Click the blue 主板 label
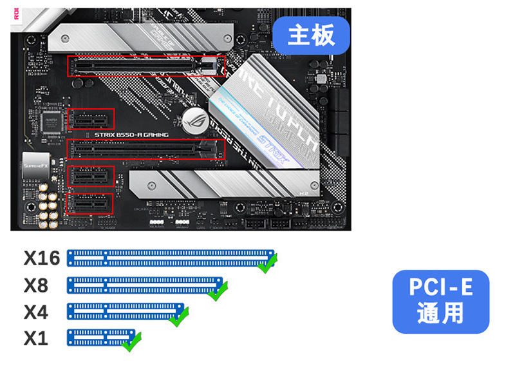click(x=311, y=35)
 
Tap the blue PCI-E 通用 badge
click(x=441, y=302)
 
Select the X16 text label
click(x=42, y=258)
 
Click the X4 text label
click(x=36, y=312)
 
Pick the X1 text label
click(x=36, y=338)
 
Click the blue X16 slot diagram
click(x=169, y=258)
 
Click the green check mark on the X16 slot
click(x=267, y=263)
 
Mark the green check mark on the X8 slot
click(x=219, y=291)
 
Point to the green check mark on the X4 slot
click(x=178, y=316)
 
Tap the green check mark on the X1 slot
click(x=132, y=341)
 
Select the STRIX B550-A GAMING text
click(x=131, y=135)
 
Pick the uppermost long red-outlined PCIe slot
click(x=146, y=65)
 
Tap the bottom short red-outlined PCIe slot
click(x=90, y=204)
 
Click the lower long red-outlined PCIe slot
click(x=146, y=149)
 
